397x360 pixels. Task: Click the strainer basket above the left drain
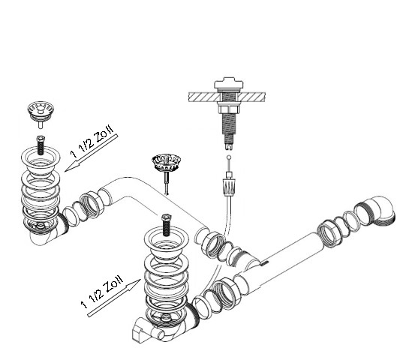(41, 112)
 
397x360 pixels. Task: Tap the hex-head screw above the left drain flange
(41, 145)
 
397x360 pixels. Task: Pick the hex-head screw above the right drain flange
(166, 225)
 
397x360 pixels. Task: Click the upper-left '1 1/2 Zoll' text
(92, 140)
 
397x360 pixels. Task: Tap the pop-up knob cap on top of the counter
(229, 83)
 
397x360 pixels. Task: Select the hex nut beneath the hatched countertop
(229, 109)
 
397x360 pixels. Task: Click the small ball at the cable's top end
(229, 157)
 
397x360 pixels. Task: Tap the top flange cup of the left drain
(41, 159)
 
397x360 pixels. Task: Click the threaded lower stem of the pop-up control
(227, 130)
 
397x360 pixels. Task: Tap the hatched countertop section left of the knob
(204, 97)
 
